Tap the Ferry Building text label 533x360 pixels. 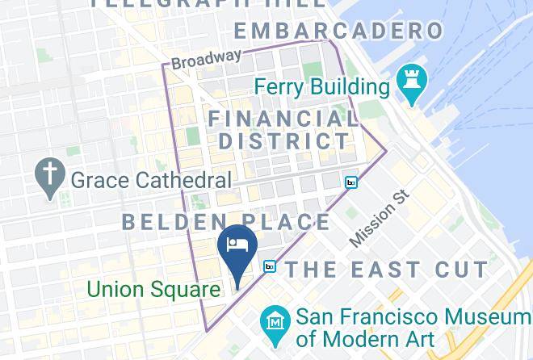pyautogui.click(x=321, y=86)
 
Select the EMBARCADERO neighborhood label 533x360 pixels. pyautogui.click(x=338, y=31)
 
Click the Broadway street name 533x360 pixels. pyautogui.click(x=206, y=59)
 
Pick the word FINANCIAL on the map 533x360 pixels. pyautogui.click(x=283, y=119)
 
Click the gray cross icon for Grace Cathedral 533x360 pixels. pyautogui.click(x=50, y=178)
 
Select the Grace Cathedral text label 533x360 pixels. pyautogui.click(x=151, y=179)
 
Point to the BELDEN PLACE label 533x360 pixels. pyautogui.click(x=226, y=222)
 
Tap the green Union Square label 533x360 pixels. pyautogui.click(x=153, y=289)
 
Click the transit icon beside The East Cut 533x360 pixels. pyautogui.click(x=270, y=266)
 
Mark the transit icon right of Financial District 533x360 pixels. pyautogui.click(x=350, y=182)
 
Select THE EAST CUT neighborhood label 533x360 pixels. pyautogui.click(x=387, y=269)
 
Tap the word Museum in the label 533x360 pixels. pyautogui.click(x=474, y=316)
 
